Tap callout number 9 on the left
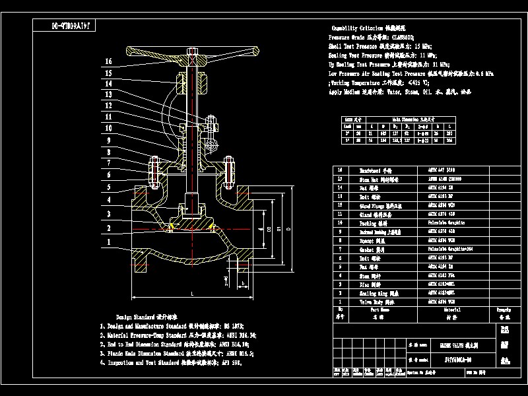tap(108, 140)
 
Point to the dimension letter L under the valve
tap(191, 292)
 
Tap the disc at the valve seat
tap(191, 224)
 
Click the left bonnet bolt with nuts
tap(154, 173)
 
